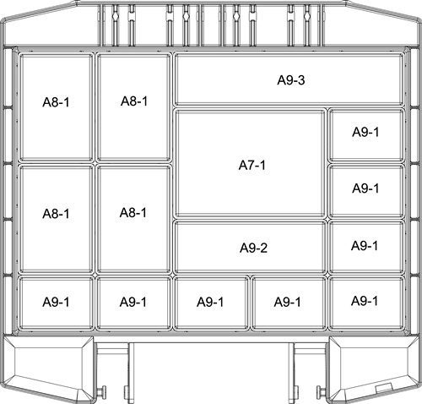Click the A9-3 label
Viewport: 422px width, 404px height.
(291, 80)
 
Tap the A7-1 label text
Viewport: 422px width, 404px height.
(252, 165)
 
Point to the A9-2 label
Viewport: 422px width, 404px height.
(253, 248)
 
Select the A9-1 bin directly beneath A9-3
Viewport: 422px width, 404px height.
(366, 136)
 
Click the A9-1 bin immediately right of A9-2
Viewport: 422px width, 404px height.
(366, 247)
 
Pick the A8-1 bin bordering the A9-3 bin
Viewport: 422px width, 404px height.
(133, 107)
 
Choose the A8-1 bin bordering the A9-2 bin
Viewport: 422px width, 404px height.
(133, 219)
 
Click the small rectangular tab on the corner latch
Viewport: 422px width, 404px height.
(384, 388)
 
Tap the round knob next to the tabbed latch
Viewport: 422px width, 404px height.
(321, 391)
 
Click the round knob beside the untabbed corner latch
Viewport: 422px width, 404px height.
(102, 391)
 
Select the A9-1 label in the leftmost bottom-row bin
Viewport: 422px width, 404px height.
(56, 302)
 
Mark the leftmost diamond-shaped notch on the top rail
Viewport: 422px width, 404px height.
(115, 16)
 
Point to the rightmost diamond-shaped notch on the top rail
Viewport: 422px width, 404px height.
(307, 16)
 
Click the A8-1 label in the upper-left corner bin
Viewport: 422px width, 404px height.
(56, 102)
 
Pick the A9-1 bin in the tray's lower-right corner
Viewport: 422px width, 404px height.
(366, 303)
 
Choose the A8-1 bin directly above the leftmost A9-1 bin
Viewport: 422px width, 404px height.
(56, 219)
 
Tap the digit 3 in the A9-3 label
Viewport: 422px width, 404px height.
(301, 80)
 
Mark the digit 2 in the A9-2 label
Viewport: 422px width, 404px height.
(263, 248)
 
